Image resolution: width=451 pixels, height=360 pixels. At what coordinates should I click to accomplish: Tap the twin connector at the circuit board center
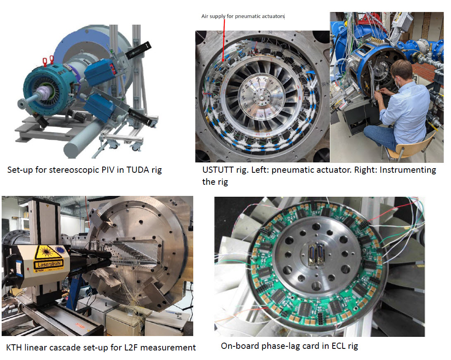point(316,254)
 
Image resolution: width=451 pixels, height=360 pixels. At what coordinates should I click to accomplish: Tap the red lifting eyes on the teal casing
point(48,61)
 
